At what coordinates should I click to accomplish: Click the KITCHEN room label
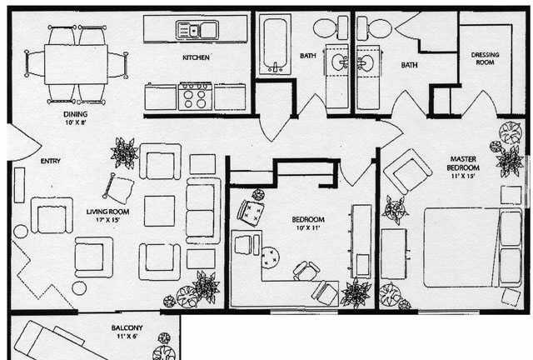[x=197, y=57]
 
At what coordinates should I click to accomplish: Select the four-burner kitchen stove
[x=195, y=96]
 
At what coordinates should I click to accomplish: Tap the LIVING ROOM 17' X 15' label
[x=107, y=217]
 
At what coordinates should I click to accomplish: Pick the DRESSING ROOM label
[x=485, y=59]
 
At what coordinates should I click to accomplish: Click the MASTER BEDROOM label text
[x=462, y=167]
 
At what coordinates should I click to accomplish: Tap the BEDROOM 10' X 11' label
[x=307, y=223]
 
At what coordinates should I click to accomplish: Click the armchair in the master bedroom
[x=409, y=171]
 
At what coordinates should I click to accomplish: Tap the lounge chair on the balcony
[x=50, y=341]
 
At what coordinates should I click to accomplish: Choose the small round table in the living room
[x=80, y=287]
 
